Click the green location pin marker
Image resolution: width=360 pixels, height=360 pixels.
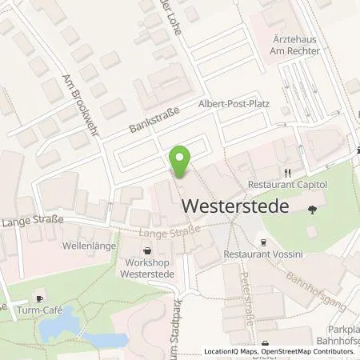coord(182,163)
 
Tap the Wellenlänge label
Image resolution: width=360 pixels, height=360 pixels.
coord(90,246)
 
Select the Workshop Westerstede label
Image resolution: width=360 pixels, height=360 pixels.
coord(147,267)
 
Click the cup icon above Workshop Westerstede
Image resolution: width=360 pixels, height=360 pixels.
coord(147,250)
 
